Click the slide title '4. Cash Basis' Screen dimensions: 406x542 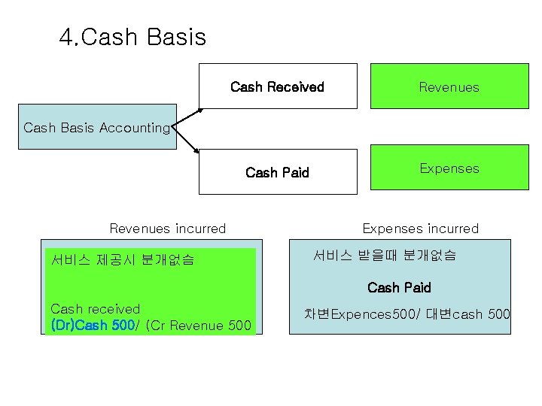(132, 37)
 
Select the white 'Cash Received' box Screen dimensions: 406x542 (277, 86)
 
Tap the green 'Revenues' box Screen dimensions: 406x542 (449, 86)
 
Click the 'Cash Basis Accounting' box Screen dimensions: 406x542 (97, 127)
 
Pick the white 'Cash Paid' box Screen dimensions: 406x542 (277, 172)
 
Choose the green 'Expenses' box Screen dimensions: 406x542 (449, 168)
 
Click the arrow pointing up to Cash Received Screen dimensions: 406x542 (189, 118)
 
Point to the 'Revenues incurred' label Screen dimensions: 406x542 (168, 229)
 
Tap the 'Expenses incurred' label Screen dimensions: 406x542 (420, 229)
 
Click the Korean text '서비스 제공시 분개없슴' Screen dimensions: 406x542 (123, 260)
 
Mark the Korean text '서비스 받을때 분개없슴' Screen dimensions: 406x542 (384, 256)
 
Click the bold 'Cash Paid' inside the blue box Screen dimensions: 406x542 (399, 287)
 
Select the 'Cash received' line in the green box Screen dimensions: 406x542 (96, 309)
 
